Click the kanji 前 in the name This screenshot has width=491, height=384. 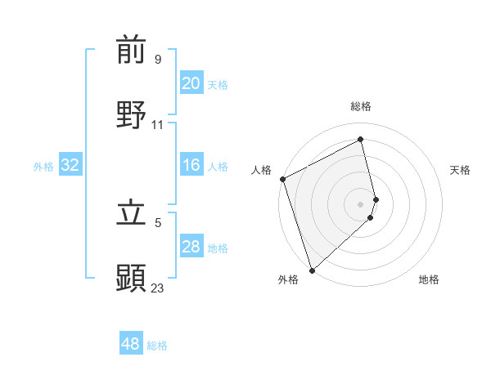(131, 51)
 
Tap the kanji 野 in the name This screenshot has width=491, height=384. (131, 114)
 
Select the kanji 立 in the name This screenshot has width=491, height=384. (131, 212)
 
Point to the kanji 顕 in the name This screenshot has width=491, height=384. (131, 278)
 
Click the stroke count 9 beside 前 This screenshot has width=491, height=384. (157, 59)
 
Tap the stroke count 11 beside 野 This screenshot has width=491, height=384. (158, 124)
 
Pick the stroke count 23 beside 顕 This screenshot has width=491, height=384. (158, 287)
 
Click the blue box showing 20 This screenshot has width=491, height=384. (191, 83)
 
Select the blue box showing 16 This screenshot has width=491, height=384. (191, 165)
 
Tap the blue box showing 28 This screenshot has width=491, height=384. (191, 247)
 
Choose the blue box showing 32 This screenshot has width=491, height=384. (70, 165)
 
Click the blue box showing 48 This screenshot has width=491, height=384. (130, 344)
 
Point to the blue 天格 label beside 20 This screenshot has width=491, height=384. (218, 85)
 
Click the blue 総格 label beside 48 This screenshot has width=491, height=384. (157, 346)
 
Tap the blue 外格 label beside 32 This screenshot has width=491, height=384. (43, 167)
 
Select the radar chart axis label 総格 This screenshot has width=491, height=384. (361, 106)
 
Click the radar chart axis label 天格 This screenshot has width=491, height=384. (461, 170)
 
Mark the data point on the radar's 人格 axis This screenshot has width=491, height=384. (282, 179)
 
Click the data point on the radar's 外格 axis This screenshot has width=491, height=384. (311, 270)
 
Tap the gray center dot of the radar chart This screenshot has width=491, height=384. (361, 203)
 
